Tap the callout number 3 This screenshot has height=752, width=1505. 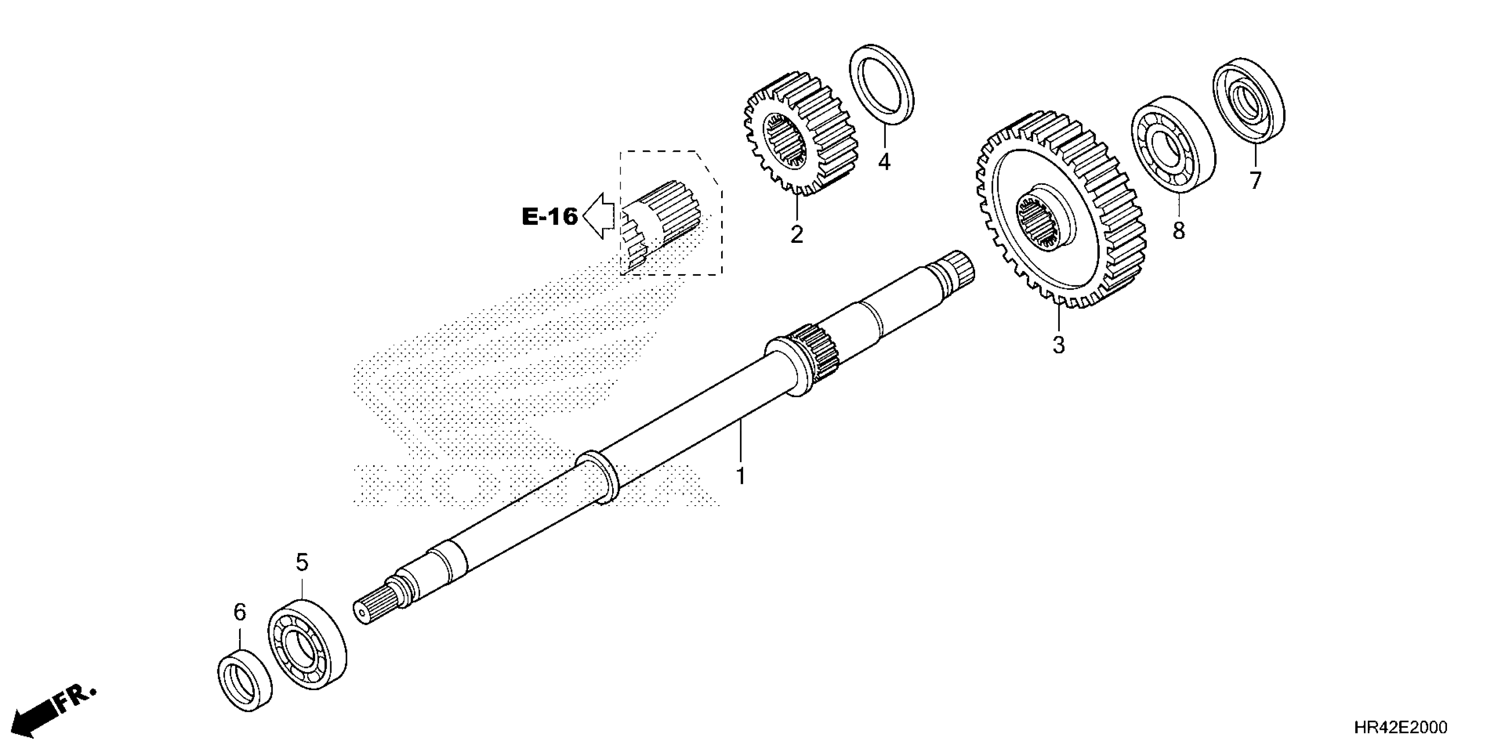1059,345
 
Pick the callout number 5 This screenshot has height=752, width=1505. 301,563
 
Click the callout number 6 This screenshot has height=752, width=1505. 239,613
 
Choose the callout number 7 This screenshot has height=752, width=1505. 1255,180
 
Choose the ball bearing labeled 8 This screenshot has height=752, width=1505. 1173,144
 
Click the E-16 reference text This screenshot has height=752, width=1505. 549,217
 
